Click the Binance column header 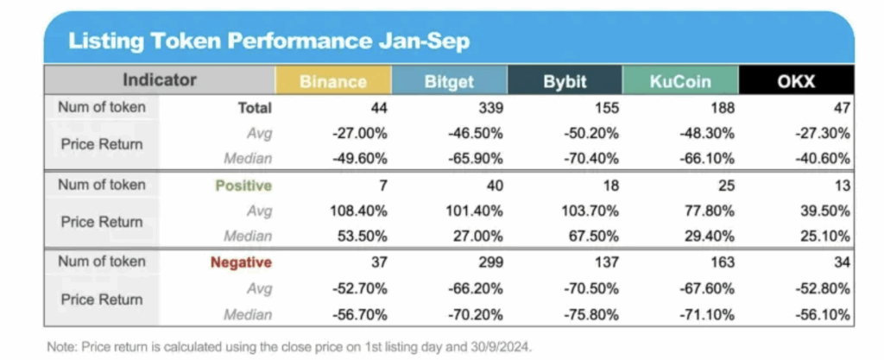pos(332,81)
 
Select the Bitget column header pos(449,81)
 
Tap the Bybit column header pos(565,81)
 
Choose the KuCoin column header pos(680,81)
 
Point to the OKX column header pos(796,81)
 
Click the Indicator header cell pos(160,80)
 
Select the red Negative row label pos(242,262)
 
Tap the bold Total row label pos(255,108)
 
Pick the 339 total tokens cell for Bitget pos(490,108)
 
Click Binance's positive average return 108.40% pos(358,212)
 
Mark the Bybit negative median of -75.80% pos(591,314)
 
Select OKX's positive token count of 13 pos(842,186)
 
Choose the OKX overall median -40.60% pos(823,159)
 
